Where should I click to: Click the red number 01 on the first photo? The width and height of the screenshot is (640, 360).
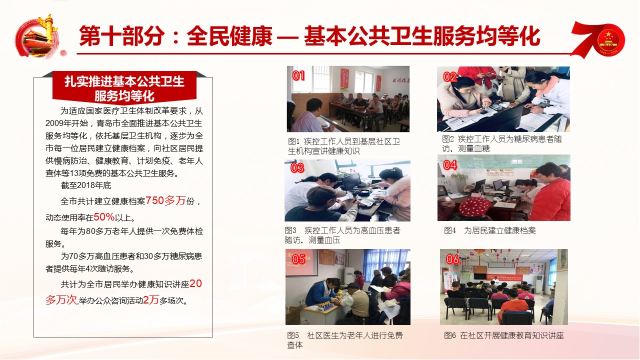pyautogui.click(x=298, y=75)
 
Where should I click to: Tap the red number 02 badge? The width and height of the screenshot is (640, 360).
pyautogui.click(x=450, y=77)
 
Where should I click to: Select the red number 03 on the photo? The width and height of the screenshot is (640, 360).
pyautogui.click(x=297, y=167)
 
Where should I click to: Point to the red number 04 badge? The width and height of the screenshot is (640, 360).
pyautogui.click(x=450, y=165)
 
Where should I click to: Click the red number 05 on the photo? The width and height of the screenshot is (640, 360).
pyautogui.click(x=298, y=259)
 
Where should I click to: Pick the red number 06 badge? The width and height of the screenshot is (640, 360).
pyautogui.click(x=452, y=259)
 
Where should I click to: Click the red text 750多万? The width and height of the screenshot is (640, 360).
pyautogui.click(x=165, y=200)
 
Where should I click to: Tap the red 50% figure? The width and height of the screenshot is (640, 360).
pyautogui.click(x=104, y=217)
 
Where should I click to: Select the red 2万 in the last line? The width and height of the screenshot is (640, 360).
pyautogui.click(x=151, y=299)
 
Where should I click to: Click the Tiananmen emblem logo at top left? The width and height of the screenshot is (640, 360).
pyautogui.click(x=38, y=36)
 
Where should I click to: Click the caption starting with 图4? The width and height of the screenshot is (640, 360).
pyautogui.click(x=489, y=230)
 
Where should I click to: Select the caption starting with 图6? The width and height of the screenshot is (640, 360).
pyautogui.click(x=504, y=335)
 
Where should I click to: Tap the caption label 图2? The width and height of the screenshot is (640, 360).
pyautogui.click(x=447, y=139)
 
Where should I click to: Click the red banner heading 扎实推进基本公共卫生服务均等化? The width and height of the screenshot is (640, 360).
pyautogui.click(x=124, y=88)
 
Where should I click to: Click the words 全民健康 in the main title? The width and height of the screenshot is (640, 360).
pyautogui.click(x=229, y=36)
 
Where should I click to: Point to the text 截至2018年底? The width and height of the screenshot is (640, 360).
pyautogui.click(x=86, y=185)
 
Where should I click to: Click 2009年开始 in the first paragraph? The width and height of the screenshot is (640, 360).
pyautogui.click(x=67, y=123)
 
